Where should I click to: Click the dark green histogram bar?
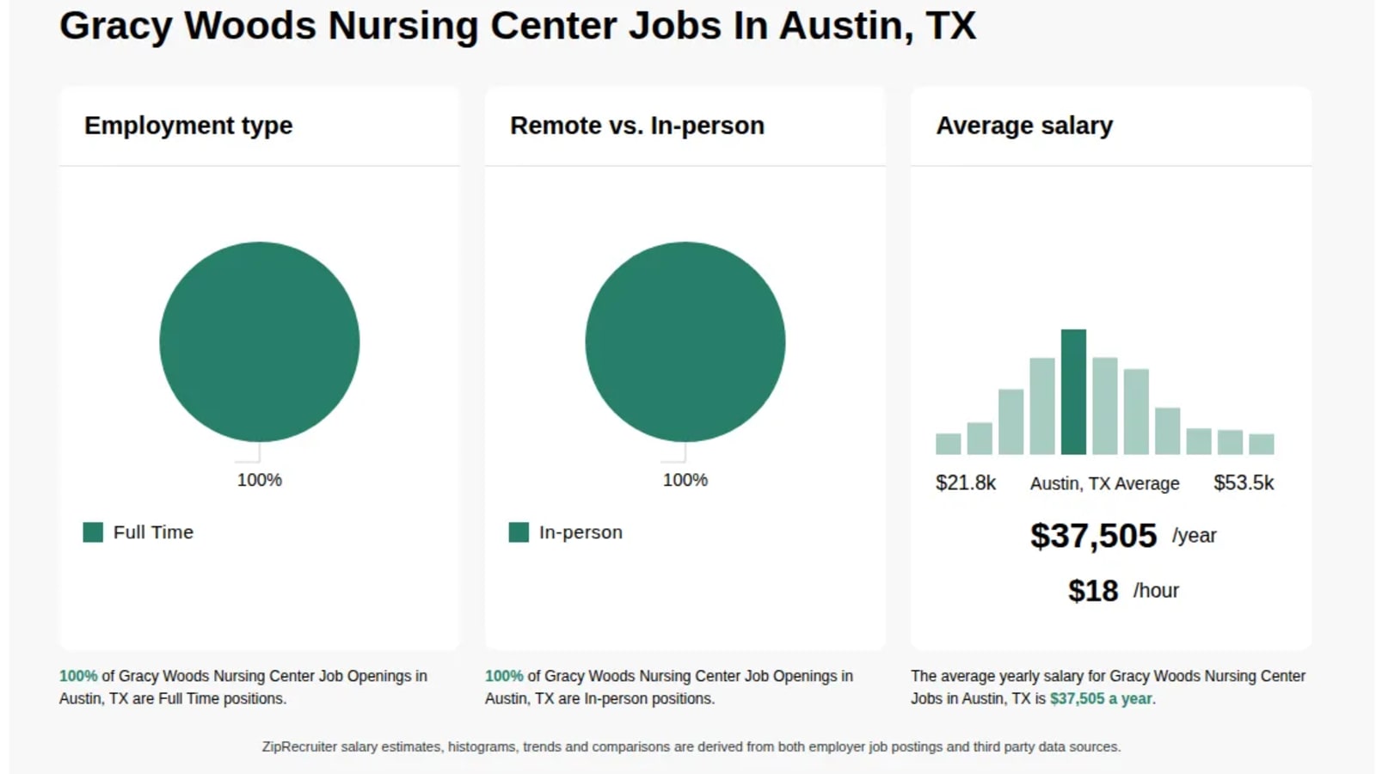(1073, 392)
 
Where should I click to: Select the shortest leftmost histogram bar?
(948, 444)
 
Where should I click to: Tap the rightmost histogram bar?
(1261, 444)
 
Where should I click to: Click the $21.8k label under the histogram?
(965, 482)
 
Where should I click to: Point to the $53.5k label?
(1244, 482)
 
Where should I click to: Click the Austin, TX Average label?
(1104, 483)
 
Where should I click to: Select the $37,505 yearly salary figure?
(1093, 535)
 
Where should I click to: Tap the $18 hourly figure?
(1093, 590)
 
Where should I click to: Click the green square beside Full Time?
(93, 532)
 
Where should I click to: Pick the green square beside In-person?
(519, 532)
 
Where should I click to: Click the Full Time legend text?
(154, 532)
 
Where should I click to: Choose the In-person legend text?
(580, 532)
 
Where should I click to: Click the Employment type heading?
(188, 126)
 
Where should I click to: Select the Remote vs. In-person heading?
(637, 126)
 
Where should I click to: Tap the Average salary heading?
(1024, 126)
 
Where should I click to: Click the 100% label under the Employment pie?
(259, 480)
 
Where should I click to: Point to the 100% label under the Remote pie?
(685, 480)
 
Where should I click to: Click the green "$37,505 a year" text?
(1101, 698)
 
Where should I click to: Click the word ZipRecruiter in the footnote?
(299, 747)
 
